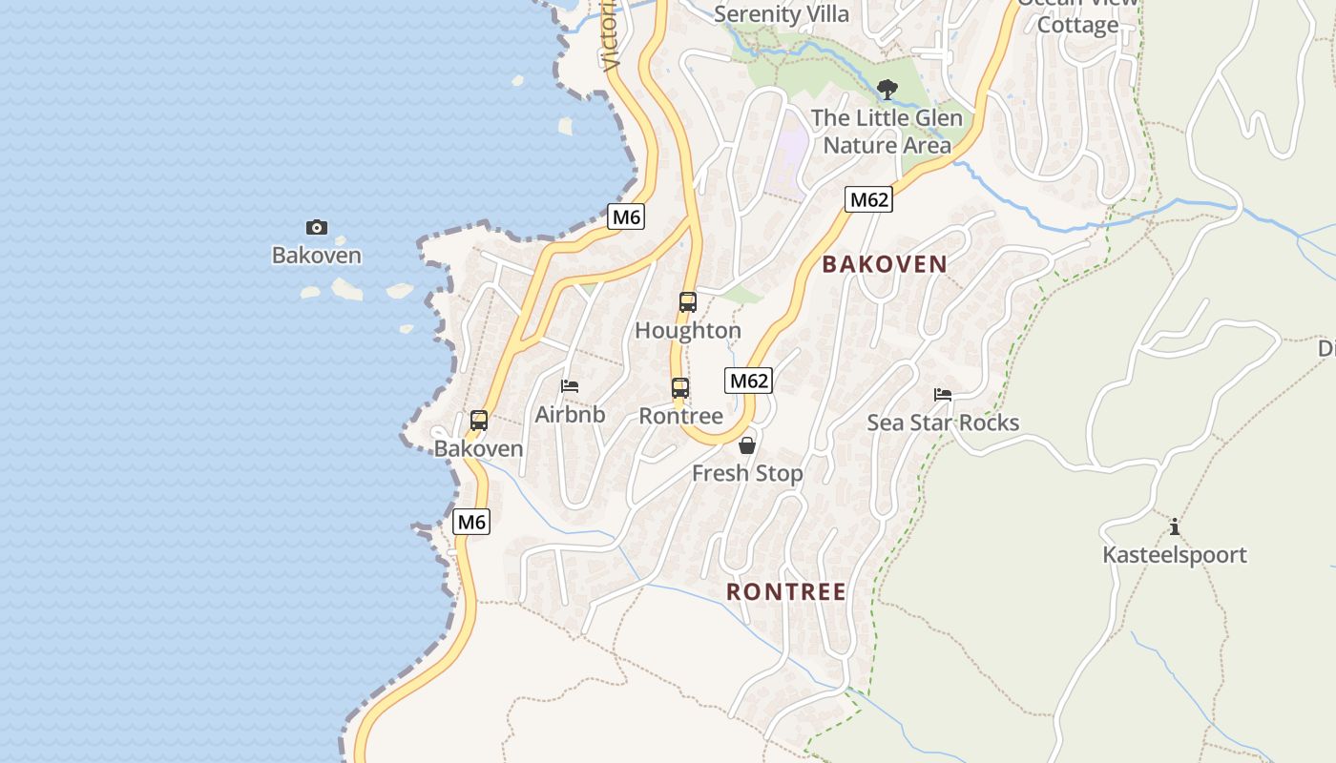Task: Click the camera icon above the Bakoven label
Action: click(317, 227)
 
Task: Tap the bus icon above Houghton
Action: click(687, 302)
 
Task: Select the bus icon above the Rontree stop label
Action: click(679, 388)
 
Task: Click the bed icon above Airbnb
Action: click(570, 386)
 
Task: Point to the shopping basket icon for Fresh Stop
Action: click(747, 445)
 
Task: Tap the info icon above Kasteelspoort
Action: click(1174, 527)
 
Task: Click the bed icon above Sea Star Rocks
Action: click(943, 395)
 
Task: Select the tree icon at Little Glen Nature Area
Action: click(887, 91)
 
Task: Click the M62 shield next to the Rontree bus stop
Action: click(748, 381)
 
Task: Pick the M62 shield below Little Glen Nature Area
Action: click(868, 199)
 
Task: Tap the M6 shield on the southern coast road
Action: click(471, 522)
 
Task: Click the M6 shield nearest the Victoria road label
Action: click(626, 217)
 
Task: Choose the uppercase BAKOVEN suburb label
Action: click(885, 264)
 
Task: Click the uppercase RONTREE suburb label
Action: click(786, 591)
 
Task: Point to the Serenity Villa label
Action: click(781, 14)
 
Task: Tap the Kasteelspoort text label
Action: click(1174, 555)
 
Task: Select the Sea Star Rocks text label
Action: click(943, 423)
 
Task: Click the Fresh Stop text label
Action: click(747, 473)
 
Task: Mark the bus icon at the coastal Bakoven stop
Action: click(479, 420)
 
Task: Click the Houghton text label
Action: click(687, 331)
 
